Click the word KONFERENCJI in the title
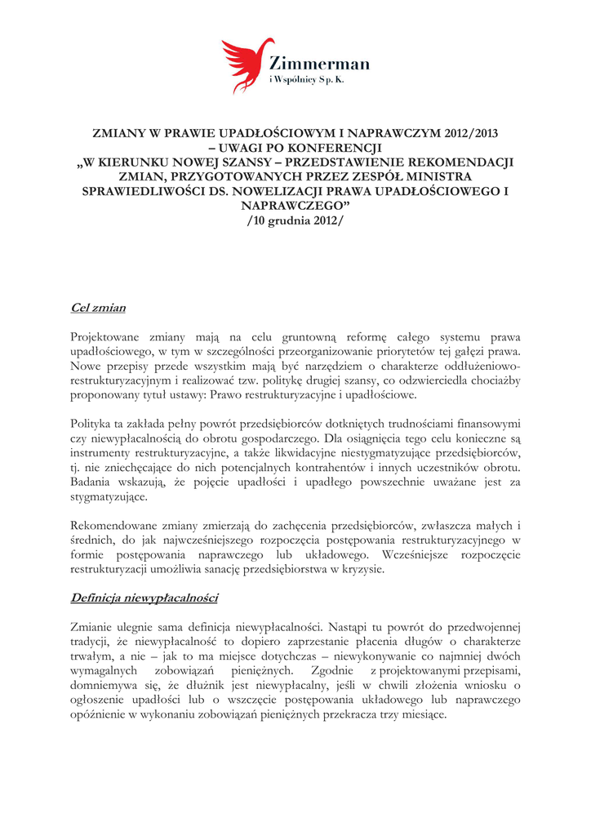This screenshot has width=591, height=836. tap(337, 147)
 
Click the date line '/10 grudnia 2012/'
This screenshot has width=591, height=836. tap(295, 221)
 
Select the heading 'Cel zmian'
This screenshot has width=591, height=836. tap(98, 308)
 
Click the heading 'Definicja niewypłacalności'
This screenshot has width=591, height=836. tap(144, 598)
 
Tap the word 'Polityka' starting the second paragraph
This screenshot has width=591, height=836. tap(92, 424)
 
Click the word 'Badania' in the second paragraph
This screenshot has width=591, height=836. tap(92, 482)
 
